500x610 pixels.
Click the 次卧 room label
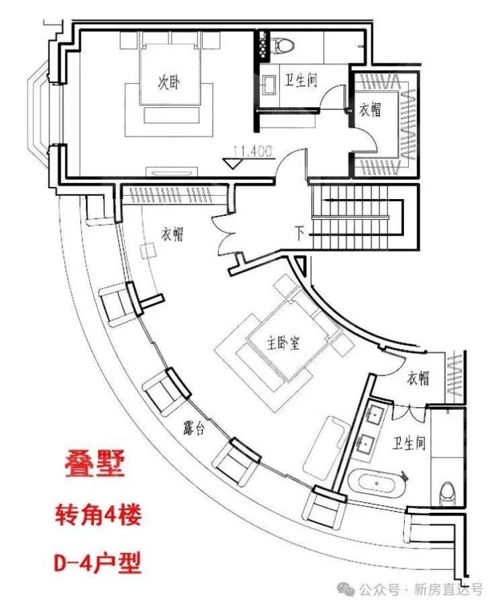(x=169, y=83)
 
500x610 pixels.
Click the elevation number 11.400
(x=253, y=151)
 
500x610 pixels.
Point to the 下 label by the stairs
(x=299, y=233)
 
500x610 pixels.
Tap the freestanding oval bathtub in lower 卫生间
(x=377, y=482)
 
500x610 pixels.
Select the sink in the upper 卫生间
(x=269, y=84)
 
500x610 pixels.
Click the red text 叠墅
(x=95, y=464)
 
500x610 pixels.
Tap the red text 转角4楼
(x=98, y=516)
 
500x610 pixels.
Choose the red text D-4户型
(x=97, y=563)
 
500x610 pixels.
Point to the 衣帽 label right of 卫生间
(x=370, y=110)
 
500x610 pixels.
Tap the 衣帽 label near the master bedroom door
(x=418, y=378)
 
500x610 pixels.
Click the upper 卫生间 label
(x=301, y=80)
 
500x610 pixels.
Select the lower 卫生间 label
(x=409, y=443)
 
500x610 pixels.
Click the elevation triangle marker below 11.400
(x=234, y=163)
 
